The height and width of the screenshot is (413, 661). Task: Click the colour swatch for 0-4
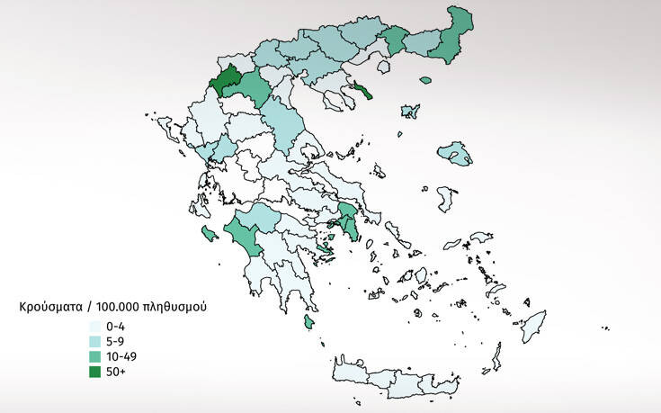(94, 328)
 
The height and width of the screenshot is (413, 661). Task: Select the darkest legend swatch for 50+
(94, 372)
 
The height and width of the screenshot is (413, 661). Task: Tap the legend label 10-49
(121, 357)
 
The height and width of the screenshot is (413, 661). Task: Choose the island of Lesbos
(456, 152)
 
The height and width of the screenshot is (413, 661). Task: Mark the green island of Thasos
(426, 80)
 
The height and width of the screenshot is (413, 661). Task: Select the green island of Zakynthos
(210, 234)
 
